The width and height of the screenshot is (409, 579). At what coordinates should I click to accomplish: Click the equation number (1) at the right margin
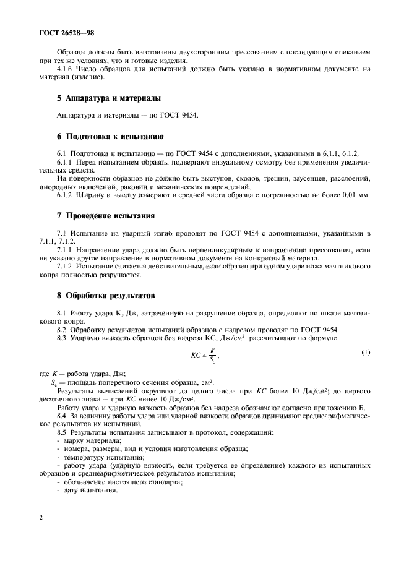pyautogui.click(x=365, y=352)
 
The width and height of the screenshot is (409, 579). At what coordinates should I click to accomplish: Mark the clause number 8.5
pyautogui.click(x=61, y=432)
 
